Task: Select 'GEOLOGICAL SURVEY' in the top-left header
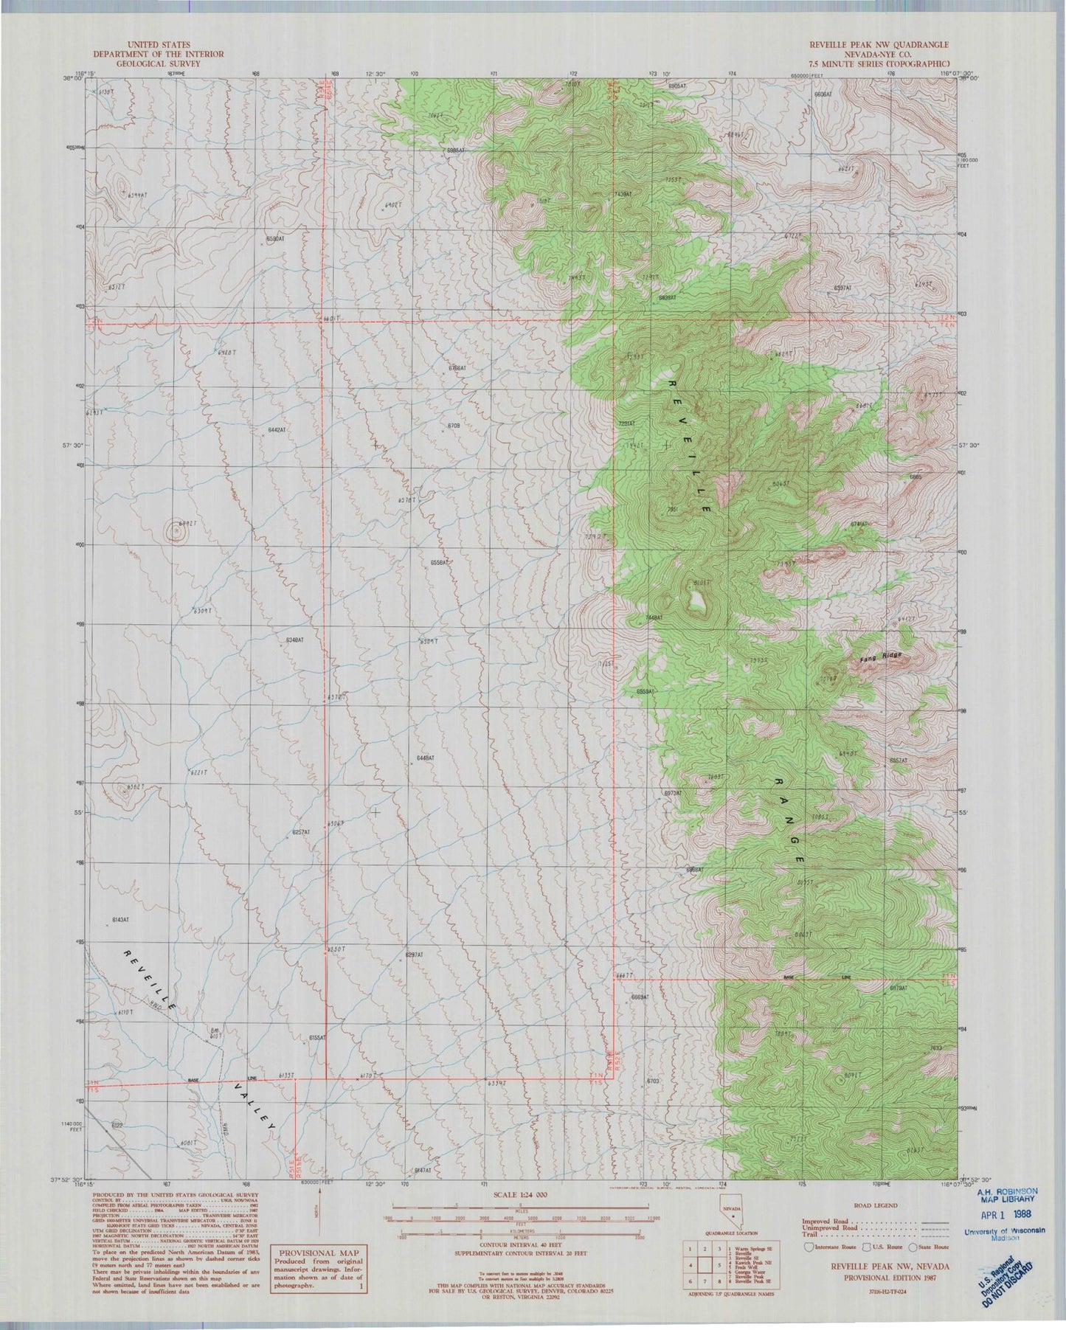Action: [x=158, y=63]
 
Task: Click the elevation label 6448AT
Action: [x=426, y=758]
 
